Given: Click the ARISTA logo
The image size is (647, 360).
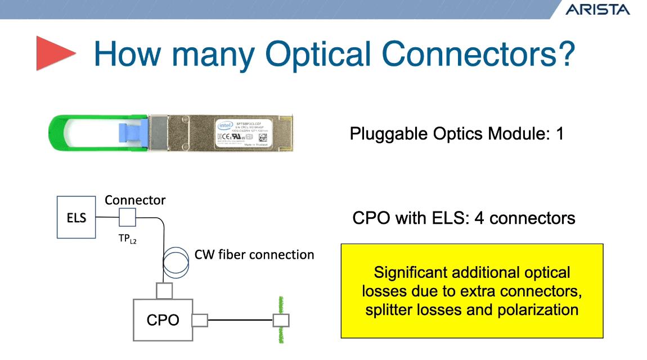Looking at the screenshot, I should tap(597, 9).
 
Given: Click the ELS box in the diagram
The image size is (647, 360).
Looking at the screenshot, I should tap(76, 217).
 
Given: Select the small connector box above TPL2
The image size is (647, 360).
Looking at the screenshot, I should tap(128, 217).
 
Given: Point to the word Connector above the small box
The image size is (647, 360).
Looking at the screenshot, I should tap(135, 200).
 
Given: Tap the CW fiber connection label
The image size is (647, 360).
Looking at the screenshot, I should tap(254, 255).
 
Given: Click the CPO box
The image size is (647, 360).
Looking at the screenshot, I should tap(162, 319).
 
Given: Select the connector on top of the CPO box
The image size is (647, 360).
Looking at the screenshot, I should tap(164, 291).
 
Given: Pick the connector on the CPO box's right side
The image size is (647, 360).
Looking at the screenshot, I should tap(200, 321).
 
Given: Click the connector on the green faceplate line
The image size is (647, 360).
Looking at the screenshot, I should tap(281, 321).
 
